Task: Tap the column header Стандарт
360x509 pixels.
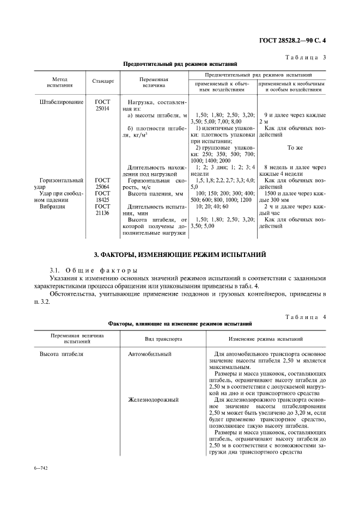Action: click(x=103, y=82)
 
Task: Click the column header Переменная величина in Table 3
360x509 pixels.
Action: click(x=154, y=82)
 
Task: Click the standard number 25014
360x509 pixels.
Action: click(x=102, y=108)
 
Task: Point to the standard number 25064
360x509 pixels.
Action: click(x=102, y=187)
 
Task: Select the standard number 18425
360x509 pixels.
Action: click(x=102, y=200)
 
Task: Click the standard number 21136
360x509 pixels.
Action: click(x=102, y=213)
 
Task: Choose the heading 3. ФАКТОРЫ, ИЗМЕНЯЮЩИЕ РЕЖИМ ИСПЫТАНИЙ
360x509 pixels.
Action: click(x=180, y=255)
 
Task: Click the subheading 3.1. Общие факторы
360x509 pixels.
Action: click(x=93, y=271)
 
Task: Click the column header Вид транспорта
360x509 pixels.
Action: click(x=163, y=339)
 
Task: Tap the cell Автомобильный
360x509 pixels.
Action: click(x=150, y=354)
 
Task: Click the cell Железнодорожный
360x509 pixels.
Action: click(x=154, y=400)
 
